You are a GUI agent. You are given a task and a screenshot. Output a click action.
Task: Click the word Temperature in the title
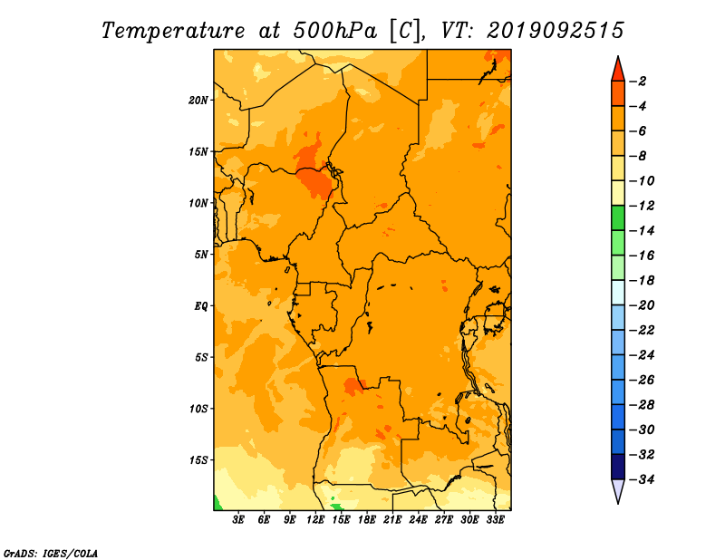pos(173,31)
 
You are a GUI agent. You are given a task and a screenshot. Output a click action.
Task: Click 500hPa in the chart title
pos(335,31)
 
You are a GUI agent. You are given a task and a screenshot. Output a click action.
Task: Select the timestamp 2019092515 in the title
pos(556,31)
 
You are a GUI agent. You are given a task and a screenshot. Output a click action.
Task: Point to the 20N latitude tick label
pos(198,100)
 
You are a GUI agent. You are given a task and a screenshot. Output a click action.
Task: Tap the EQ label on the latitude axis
pos(200,306)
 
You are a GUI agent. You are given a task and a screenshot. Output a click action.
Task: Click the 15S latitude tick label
pos(198,460)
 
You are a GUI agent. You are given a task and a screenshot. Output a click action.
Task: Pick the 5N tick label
pos(201,255)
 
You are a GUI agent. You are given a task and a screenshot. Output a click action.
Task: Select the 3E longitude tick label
pos(238,520)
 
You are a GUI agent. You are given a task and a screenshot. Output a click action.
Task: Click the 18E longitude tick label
pos(367,520)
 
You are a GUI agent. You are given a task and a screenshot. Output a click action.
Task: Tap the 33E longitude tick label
pos(495,520)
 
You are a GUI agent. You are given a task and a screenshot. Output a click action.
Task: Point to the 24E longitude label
pos(418,520)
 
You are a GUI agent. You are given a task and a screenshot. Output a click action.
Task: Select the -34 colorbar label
pos(642,479)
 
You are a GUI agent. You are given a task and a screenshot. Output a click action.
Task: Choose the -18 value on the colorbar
pos(642,280)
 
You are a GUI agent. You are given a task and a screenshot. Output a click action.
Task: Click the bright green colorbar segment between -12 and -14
pos(618,217)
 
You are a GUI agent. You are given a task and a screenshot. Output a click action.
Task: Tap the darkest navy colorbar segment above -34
pos(618,467)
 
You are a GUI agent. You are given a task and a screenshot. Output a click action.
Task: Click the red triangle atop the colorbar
pos(618,70)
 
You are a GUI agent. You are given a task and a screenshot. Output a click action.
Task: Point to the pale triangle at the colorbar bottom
pos(618,490)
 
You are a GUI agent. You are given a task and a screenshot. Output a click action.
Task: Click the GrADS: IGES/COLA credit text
pos(51,553)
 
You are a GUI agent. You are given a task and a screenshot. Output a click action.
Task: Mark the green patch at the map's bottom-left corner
pos(217,504)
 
